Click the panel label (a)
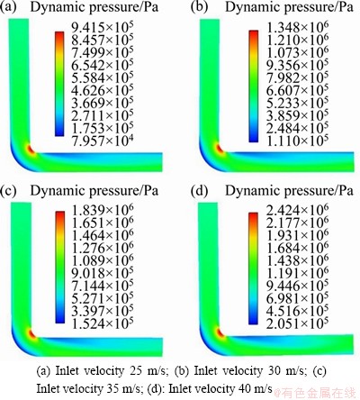pyautogui.click(x=8, y=7)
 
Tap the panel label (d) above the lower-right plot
pyautogui.click(x=199, y=191)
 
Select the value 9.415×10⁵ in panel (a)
pyautogui.click(x=103, y=27)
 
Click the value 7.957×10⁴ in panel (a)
pyautogui.click(x=103, y=141)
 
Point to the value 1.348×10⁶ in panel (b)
pyautogui.click(x=297, y=27)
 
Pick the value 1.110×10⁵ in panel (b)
pyautogui.click(x=297, y=140)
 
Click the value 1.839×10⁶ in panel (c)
pyautogui.click(x=103, y=210)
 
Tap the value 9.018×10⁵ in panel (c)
pyautogui.click(x=103, y=273)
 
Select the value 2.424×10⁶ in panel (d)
pyautogui.click(x=297, y=210)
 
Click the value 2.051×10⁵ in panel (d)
pyautogui.click(x=297, y=323)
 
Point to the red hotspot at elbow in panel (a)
pyautogui.click(x=30, y=149)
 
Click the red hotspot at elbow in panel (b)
pyautogui.click(x=220, y=149)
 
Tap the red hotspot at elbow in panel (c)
pyautogui.click(x=31, y=333)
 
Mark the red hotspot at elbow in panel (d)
pyautogui.click(x=220, y=332)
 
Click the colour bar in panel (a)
pyautogui.click(x=59, y=84)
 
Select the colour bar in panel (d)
pyautogui.click(x=254, y=268)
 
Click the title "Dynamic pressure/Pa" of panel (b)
pyautogui.click(x=289, y=7)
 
